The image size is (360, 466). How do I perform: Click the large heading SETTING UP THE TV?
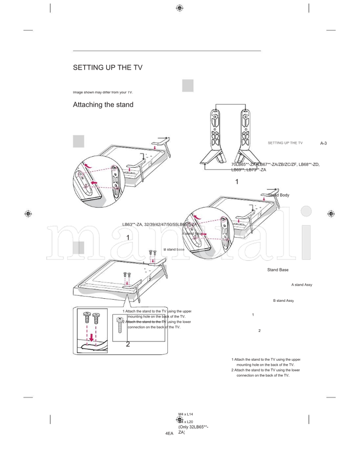point(108,68)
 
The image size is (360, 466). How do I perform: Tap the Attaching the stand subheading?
point(103,105)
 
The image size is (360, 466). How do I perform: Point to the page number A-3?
point(323,143)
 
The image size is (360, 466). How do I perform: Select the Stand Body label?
point(279,195)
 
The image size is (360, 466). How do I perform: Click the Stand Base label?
point(278,270)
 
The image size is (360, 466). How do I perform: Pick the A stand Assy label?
point(301,285)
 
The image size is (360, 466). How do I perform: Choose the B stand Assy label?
point(283,300)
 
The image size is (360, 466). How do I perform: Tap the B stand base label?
point(174,249)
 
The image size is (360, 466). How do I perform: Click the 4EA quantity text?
point(169,433)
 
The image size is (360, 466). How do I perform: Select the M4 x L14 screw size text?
point(185,413)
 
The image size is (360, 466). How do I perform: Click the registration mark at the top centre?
point(180,8)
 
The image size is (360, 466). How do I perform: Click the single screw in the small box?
point(120,325)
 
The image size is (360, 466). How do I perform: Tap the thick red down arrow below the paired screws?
point(91,337)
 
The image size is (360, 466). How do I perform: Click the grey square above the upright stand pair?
point(188,85)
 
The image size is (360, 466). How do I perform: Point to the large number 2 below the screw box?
point(128,345)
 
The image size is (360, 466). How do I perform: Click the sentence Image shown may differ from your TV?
point(103,92)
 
